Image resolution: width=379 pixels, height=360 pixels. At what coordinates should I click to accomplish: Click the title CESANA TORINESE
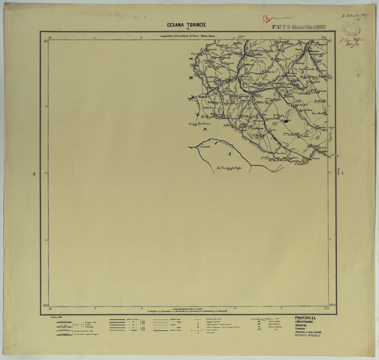(186, 25)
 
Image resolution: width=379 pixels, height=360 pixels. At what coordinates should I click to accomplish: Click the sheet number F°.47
(278, 27)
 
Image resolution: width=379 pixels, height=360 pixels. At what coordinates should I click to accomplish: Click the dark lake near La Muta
(286, 120)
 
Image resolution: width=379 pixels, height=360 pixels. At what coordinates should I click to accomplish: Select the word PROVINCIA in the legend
(305, 318)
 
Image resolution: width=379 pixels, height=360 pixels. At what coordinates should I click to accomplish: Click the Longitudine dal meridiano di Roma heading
(188, 36)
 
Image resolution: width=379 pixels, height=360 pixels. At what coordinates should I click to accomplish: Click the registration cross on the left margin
(35, 174)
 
